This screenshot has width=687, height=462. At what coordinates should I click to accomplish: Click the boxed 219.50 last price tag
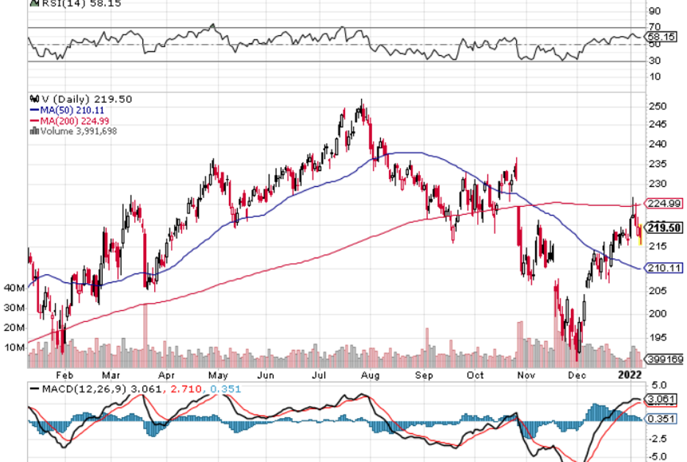point(665,229)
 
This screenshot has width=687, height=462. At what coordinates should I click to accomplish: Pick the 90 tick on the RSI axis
point(654,11)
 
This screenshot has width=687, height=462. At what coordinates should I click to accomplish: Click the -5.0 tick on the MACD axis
point(658,455)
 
